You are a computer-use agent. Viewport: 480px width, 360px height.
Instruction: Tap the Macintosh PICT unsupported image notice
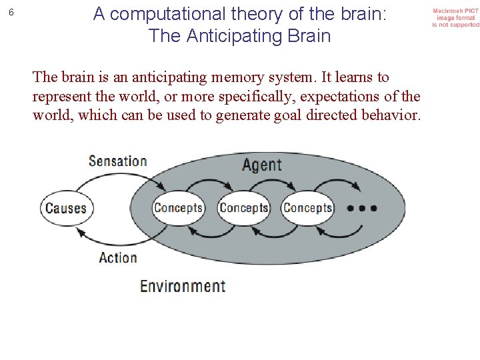pyautogui.click(x=455, y=18)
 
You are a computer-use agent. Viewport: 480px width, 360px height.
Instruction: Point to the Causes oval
pyautogui.click(x=66, y=208)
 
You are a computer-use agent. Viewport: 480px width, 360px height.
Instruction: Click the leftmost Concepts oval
pyautogui.click(x=178, y=208)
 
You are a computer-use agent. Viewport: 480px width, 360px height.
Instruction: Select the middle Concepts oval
pyautogui.click(x=243, y=208)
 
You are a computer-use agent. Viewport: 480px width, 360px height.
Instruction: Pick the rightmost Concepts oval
pyautogui.click(x=307, y=208)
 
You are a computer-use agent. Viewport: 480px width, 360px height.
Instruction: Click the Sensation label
pyautogui.click(x=117, y=161)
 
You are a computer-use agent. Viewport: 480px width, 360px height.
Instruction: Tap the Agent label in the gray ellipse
pyautogui.click(x=261, y=164)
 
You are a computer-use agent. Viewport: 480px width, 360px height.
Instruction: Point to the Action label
pyautogui.click(x=117, y=257)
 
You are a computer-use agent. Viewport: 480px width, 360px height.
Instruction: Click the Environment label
pyautogui.click(x=182, y=286)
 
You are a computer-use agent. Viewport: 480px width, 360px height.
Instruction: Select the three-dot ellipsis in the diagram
pyautogui.click(x=362, y=208)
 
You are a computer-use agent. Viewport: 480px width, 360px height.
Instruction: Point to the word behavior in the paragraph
pyautogui.click(x=393, y=115)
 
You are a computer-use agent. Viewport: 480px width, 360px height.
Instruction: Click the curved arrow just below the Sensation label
pyautogui.click(x=117, y=179)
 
